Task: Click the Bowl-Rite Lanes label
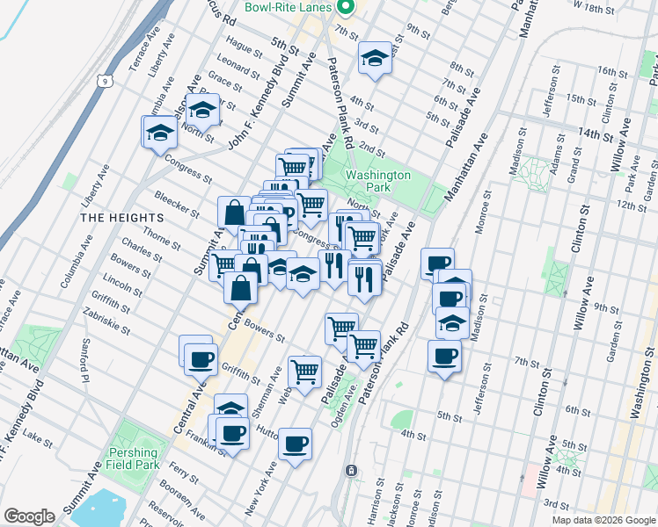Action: coord(287,7)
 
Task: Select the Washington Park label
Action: coord(378,181)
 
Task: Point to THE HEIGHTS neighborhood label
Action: coord(121,217)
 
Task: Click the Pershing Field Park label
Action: coord(132,458)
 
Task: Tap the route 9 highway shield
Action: coord(105,82)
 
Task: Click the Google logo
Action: coord(29,516)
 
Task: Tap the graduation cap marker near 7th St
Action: coord(375,59)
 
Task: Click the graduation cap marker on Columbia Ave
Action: coord(159,133)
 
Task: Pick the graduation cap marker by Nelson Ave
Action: coord(202,112)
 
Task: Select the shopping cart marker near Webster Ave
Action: coord(304,371)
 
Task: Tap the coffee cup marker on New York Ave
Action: coord(296,443)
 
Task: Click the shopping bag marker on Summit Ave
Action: coord(235,212)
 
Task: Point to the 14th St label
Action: coord(595,135)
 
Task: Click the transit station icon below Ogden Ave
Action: coord(352,471)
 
